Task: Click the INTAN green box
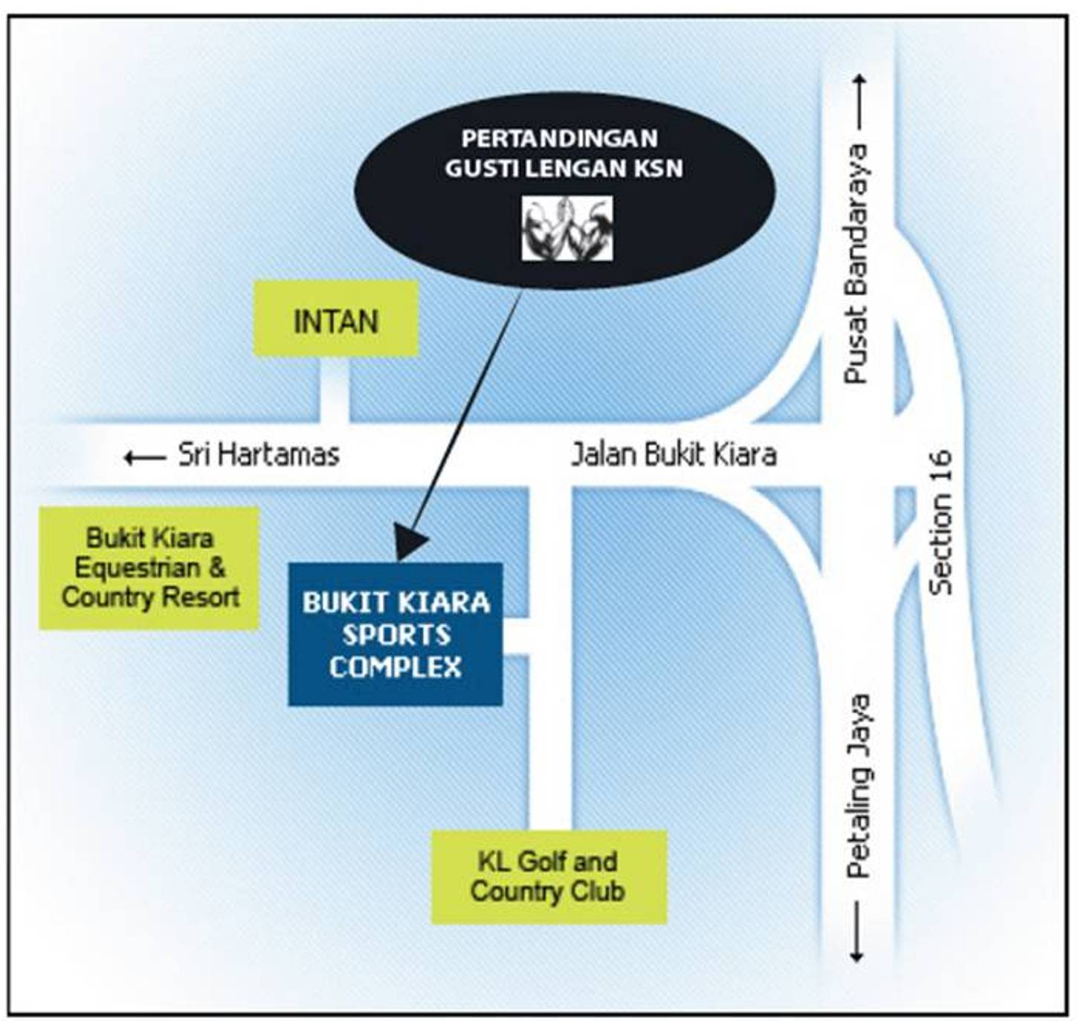[x=336, y=318]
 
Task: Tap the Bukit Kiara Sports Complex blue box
[x=396, y=634]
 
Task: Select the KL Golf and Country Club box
[x=549, y=877]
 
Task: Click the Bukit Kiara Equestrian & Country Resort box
[x=149, y=568]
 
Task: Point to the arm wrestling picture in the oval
[x=567, y=228]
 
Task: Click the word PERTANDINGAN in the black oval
[x=560, y=139]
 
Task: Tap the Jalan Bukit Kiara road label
[x=674, y=455]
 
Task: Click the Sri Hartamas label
[x=259, y=455]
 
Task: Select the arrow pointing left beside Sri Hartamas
[x=145, y=458]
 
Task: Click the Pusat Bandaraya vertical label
[x=855, y=263]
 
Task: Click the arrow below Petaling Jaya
[x=856, y=932]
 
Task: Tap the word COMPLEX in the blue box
[x=396, y=666]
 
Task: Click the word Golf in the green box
[x=539, y=861]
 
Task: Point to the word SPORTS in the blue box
[x=396, y=635]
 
